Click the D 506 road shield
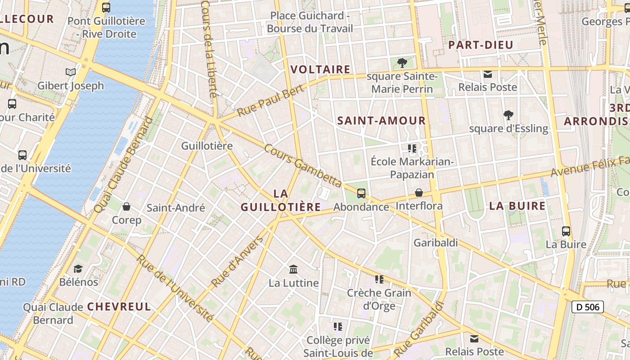click(x=587, y=307)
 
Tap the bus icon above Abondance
click(x=361, y=193)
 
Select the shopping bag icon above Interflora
click(x=419, y=193)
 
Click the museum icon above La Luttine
click(x=293, y=269)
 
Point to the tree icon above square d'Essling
click(x=508, y=115)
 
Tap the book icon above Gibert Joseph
click(x=71, y=72)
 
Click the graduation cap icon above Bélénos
click(x=78, y=269)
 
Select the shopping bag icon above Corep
click(x=126, y=207)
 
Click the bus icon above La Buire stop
click(x=566, y=231)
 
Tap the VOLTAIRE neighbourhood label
click(x=320, y=69)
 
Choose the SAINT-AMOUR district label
click(x=381, y=121)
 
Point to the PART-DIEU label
click(x=481, y=45)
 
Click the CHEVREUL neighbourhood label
click(x=119, y=307)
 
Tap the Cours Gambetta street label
click(x=303, y=166)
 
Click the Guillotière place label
click(x=207, y=146)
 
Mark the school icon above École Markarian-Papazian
click(x=412, y=148)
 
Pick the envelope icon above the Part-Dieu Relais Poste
click(x=487, y=74)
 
